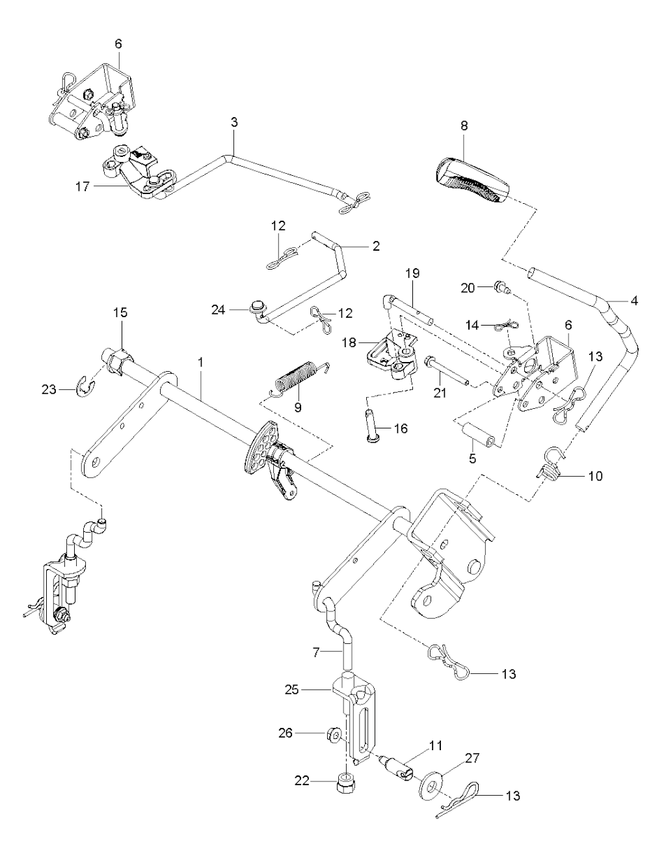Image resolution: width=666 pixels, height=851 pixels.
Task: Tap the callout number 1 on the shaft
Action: click(201, 360)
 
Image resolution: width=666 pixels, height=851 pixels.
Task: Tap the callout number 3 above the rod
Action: click(234, 122)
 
